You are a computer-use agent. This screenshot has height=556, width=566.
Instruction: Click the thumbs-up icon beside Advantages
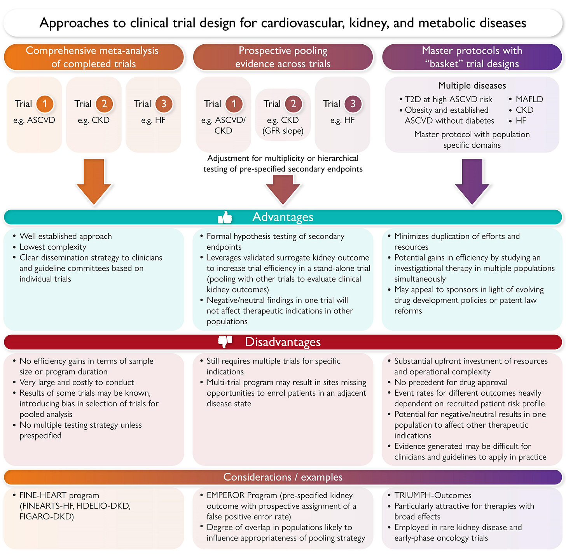point(225,217)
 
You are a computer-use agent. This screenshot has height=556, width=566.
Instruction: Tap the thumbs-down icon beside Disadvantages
point(225,342)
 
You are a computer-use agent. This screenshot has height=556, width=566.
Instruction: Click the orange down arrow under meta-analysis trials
point(94,181)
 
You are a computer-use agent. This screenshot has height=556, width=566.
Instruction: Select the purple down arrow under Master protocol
point(472,181)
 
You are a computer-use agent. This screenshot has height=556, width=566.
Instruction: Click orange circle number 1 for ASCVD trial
point(45,104)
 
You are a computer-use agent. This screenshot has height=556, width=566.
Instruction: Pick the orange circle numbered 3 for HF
point(164,104)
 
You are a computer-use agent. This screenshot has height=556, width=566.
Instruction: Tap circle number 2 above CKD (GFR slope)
point(293,104)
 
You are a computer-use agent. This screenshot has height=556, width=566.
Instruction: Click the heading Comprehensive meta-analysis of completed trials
point(93,57)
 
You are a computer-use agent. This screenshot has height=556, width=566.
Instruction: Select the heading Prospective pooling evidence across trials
point(283,57)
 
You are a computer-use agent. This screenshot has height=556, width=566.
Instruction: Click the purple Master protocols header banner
point(472,57)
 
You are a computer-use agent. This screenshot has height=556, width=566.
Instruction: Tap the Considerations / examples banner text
point(283,477)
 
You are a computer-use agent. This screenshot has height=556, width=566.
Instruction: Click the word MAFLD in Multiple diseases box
point(529,99)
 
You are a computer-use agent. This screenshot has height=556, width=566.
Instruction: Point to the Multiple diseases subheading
point(472,86)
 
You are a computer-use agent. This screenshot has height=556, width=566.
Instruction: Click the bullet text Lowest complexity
point(53,247)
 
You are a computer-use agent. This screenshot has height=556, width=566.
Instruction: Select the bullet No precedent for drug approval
point(451,382)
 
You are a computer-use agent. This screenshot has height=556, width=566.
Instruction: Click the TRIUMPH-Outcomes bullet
point(433,495)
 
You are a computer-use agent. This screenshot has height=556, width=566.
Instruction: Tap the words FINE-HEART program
point(59,495)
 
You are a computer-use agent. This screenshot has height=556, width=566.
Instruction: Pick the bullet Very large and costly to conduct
point(77,382)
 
